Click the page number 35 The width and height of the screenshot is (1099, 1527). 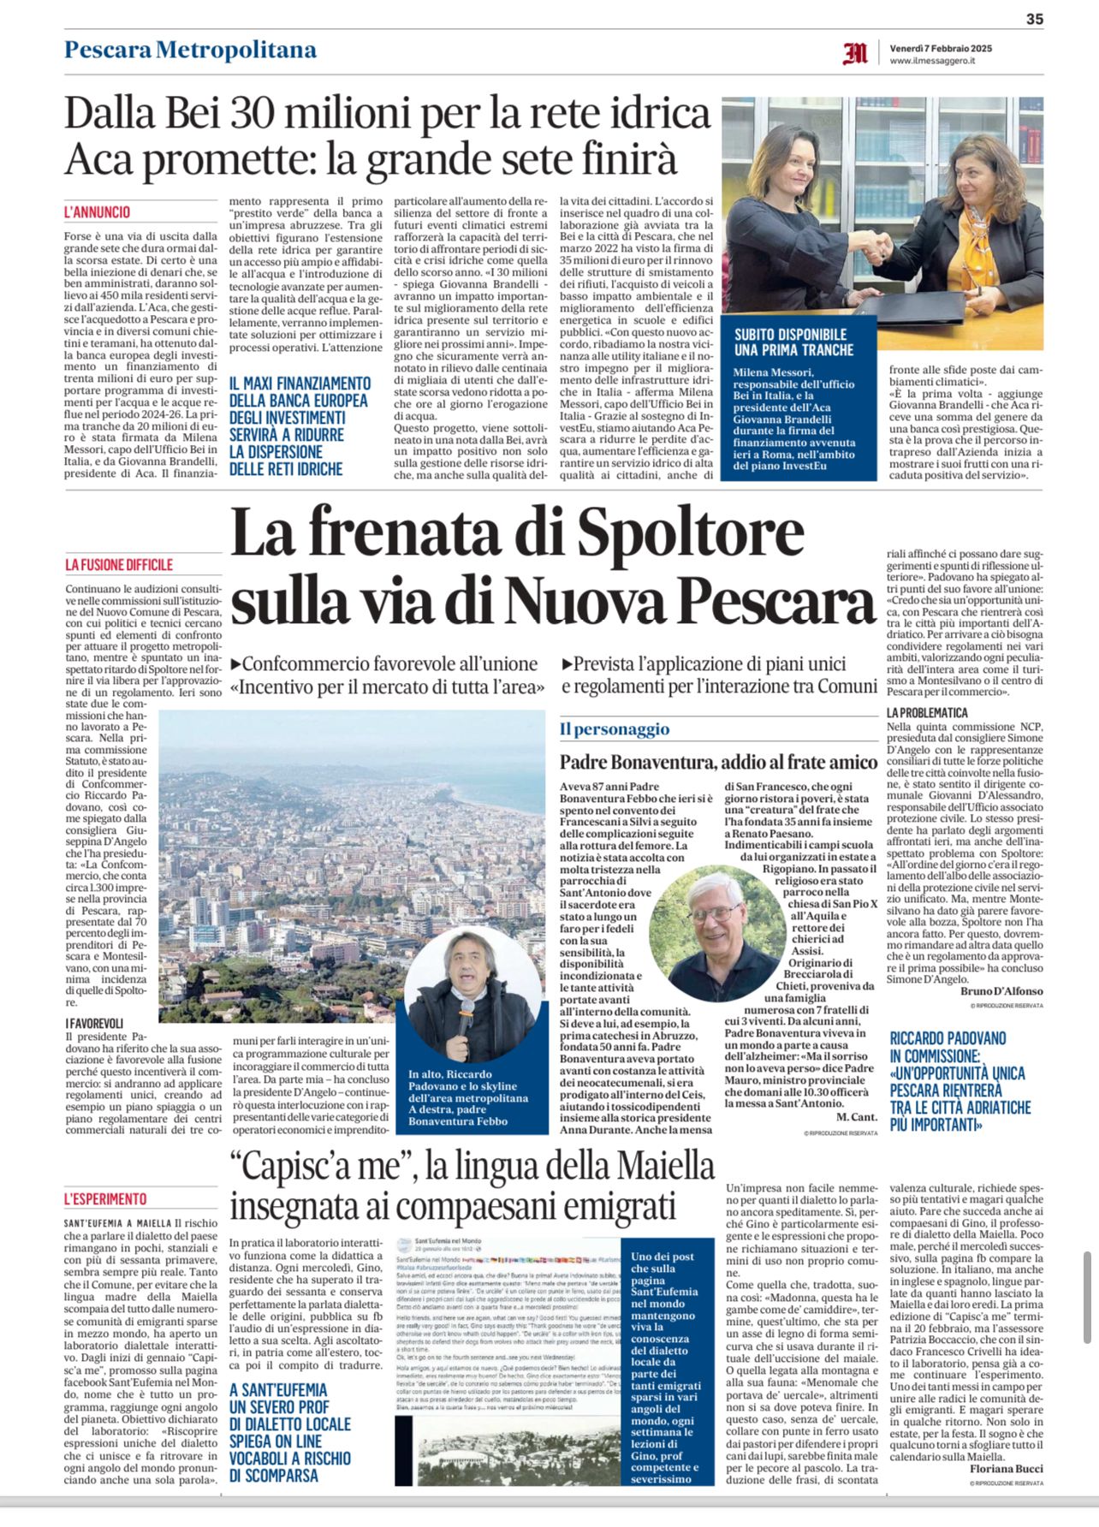(x=1034, y=19)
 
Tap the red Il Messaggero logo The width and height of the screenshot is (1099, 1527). (x=854, y=54)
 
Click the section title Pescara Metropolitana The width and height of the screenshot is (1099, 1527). (x=190, y=50)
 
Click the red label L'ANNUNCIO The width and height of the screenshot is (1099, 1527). (x=97, y=211)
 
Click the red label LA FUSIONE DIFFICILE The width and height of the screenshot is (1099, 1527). (x=119, y=565)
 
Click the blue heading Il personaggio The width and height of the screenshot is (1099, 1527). (x=615, y=729)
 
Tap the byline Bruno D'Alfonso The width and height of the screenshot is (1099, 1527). (x=1001, y=990)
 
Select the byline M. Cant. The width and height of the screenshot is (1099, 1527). (x=853, y=1117)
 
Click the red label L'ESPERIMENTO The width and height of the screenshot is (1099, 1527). (x=105, y=1199)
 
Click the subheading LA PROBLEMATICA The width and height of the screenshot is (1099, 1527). (x=927, y=712)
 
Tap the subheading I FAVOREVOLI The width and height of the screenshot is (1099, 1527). (x=94, y=1023)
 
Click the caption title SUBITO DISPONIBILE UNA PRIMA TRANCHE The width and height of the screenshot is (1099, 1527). (x=793, y=342)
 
